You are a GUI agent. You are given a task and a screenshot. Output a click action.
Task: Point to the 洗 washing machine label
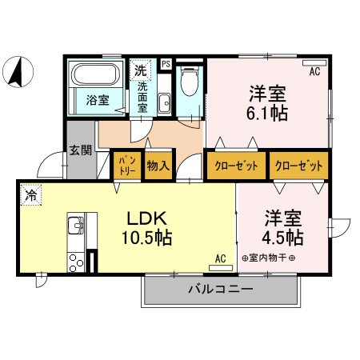click(140, 70)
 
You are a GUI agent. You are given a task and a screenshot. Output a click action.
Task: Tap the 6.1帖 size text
click(268, 112)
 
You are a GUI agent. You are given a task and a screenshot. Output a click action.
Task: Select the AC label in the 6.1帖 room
click(314, 72)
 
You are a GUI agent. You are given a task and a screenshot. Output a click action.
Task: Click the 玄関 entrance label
click(79, 150)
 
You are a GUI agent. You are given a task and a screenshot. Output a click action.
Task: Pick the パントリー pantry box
click(126, 166)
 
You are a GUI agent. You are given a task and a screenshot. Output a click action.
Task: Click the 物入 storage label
click(158, 166)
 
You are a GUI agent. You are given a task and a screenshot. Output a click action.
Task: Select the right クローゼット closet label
click(298, 166)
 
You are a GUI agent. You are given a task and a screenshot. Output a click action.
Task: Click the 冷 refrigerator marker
click(30, 194)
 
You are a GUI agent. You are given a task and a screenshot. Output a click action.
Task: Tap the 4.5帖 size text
click(282, 238)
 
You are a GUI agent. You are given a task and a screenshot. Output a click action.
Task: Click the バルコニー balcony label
click(221, 289)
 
